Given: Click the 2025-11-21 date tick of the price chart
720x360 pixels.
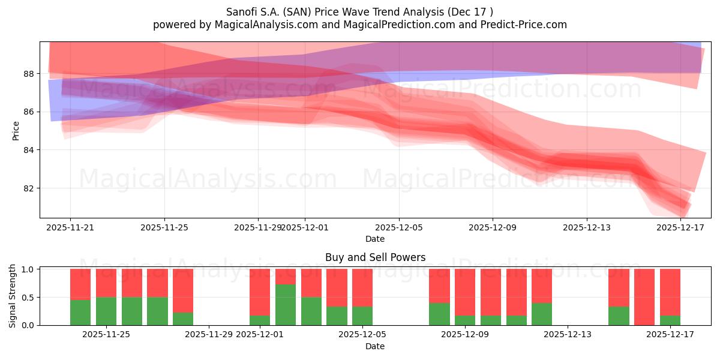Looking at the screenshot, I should pyautogui.click(x=70, y=227).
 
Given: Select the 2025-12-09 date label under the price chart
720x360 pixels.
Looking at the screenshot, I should pyautogui.click(x=493, y=227).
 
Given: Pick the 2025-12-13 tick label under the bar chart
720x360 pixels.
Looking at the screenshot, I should pyautogui.click(x=568, y=335).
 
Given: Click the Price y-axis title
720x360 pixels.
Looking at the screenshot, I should pyautogui.click(x=16, y=130).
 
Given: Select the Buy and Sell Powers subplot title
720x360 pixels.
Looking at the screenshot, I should pyautogui.click(x=375, y=257).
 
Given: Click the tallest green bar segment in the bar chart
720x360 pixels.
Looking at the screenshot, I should pyautogui.click(x=286, y=305).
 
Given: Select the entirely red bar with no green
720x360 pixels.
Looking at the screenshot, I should pyautogui.click(x=644, y=297).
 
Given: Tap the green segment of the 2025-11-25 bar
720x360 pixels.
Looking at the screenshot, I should pyautogui.click(x=106, y=311).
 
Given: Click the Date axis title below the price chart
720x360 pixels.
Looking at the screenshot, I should pyautogui.click(x=375, y=239).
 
